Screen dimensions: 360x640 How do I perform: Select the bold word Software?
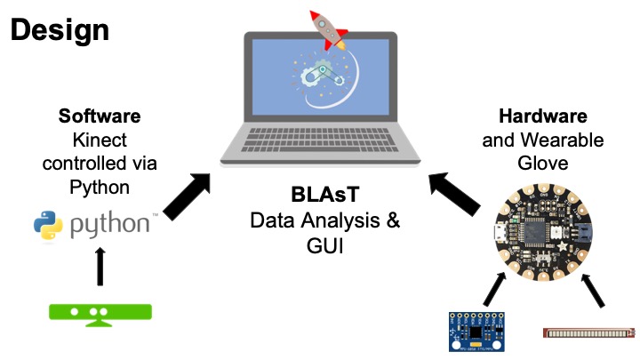click(x=100, y=116)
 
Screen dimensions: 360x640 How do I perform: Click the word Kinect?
click(x=100, y=140)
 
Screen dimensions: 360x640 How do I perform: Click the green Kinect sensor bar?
click(x=100, y=313)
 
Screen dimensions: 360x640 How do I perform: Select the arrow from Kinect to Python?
click(x=100, y=265)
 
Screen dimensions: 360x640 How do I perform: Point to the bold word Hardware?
click(x=542, y=116)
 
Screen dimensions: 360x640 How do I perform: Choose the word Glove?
click(x=542, y=163)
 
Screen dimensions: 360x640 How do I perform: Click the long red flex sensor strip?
click(x=588, y=333)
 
